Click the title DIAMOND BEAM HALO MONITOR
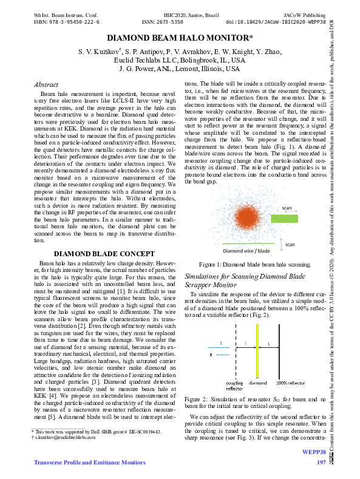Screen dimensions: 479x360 (x=180, y=38)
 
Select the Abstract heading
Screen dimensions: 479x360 (x=46, y=84)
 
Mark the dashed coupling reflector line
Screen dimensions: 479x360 (x=234, y=353)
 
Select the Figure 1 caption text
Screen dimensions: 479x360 (x=255, y=264)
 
